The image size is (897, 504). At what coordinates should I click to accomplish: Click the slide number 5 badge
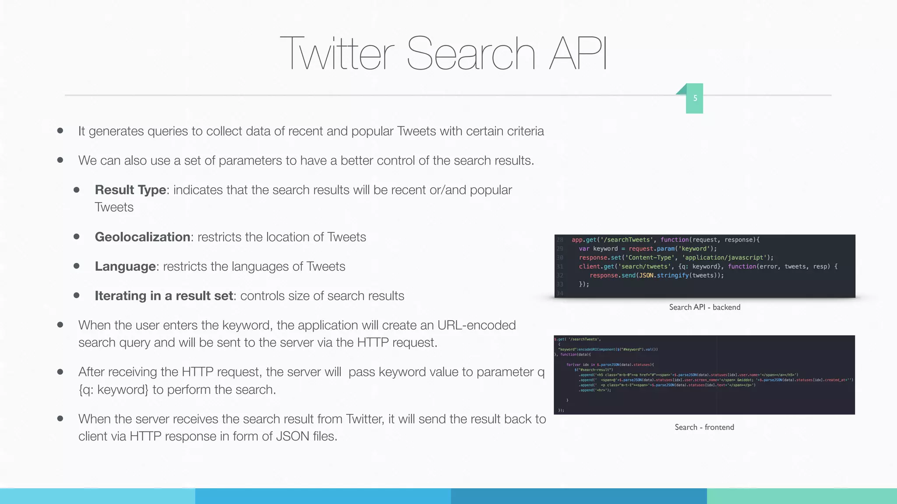pyautogui.click(x=695, y=98)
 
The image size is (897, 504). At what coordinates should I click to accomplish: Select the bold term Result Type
pyautogui.click(x=131, y=190)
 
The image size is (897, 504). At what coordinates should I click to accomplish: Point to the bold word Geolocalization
pyautogui.click(x=142, y=237)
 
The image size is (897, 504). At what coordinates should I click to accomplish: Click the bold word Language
pyautogui.click(x=125, y=266)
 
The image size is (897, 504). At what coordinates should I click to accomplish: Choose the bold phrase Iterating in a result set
pyautogui.click(x=164, y=296)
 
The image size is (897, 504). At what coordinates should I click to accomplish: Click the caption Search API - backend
pyautogui.click(x=704, y=307)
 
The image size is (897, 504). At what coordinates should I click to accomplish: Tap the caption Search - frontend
pyautogui.click(x=704, y=427)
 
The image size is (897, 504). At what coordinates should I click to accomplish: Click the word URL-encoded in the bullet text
pyautogui.click(x=477, y=325)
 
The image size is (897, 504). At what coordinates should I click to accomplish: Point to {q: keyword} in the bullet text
pyautogui.click(x=113, y=389)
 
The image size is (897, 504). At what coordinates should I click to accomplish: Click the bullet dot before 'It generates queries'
pyautogui.click(x=60, y=131)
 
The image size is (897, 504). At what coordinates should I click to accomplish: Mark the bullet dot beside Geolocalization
pyautogui.click(x=77, y=237)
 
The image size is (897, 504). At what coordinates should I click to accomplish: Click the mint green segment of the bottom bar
pyautogui.click(x=802, y=496)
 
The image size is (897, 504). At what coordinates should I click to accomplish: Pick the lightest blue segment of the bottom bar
pyautogui.click(x=97, y=496)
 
